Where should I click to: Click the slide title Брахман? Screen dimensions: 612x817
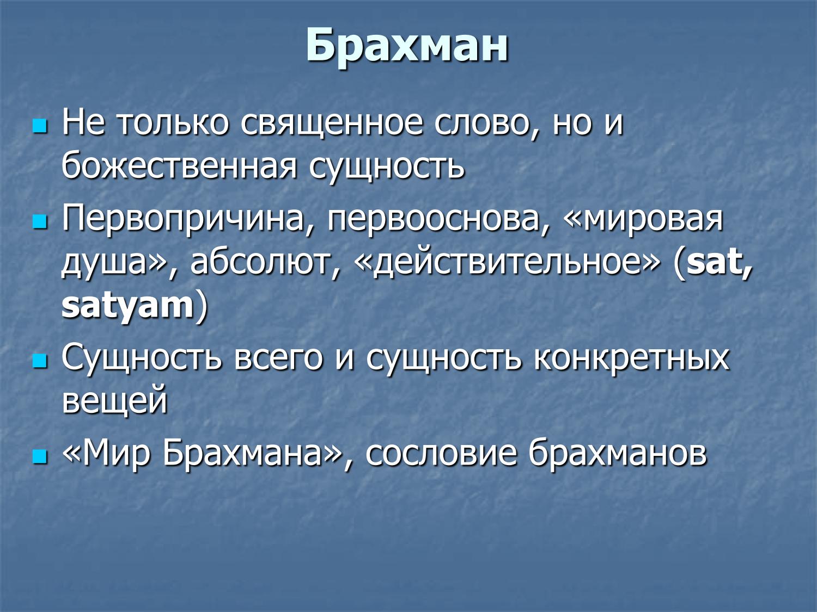(x=407, y=46)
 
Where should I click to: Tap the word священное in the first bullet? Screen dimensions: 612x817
(x=331, y=123)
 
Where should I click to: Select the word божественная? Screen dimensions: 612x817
(x=179, y=166)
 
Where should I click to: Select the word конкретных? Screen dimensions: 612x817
(x=631, y=358)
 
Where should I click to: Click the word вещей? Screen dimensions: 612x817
(x=114, y=401)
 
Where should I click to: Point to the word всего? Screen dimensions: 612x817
(x=278, y=358)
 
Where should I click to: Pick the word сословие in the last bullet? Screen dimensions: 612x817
(x=441, y=453)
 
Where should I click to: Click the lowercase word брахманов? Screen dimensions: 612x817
(x=618, y=453)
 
